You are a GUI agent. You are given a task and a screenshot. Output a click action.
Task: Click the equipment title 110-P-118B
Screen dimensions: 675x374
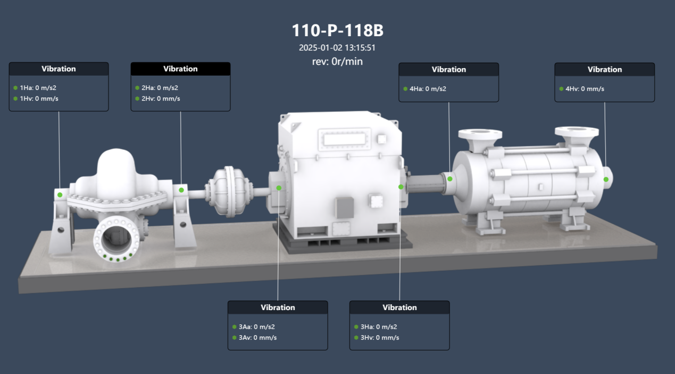(337, 30)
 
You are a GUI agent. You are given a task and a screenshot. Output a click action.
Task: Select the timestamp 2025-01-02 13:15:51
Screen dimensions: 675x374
(337, 48)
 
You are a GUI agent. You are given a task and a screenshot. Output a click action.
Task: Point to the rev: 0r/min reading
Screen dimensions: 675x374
(337, 62)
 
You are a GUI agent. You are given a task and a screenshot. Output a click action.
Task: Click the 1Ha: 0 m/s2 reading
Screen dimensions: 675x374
(38, 88)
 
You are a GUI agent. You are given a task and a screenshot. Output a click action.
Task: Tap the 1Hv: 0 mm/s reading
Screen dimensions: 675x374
(39, 99)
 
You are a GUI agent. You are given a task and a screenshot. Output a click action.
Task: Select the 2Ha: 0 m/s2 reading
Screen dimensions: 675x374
(160, 88)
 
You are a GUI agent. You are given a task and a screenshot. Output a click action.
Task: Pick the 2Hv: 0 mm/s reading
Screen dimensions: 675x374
(161, 99)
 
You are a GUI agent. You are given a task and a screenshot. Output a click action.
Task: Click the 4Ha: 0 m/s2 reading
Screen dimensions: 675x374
(428, 89)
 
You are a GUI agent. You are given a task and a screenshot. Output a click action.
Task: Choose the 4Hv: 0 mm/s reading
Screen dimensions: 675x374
(585, 89)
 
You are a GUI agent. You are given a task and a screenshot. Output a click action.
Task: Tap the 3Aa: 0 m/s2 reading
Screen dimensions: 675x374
(257, 327)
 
